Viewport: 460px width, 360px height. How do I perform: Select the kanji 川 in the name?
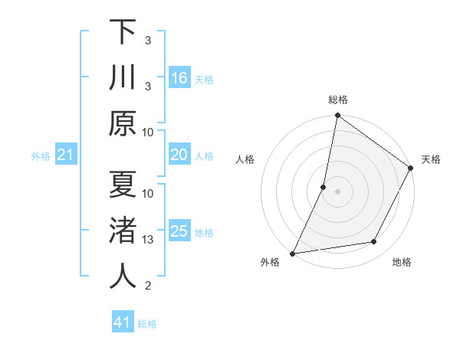[x=123, y=77]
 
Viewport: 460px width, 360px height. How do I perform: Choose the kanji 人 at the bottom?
[x=123, y=277]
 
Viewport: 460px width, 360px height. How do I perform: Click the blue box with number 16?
[x=179, y=78]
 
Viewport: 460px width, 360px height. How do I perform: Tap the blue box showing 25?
[x=179, y=231]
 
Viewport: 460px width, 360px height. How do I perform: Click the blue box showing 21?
[x=66, y=155]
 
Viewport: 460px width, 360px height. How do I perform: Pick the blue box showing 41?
[x=123, y=322]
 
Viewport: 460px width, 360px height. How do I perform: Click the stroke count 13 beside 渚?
[x=148, y=240]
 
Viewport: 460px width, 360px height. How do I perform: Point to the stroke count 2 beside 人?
[x=148, y=286]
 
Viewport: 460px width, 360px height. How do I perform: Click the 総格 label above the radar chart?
[x=337, y=100]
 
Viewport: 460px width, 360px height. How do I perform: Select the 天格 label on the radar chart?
[x=431, y=159]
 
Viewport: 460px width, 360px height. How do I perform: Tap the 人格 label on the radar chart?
[x=245, y=159]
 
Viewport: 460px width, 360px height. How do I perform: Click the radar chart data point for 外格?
[x=292, y=253]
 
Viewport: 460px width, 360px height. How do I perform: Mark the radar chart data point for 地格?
[x=374, y=242]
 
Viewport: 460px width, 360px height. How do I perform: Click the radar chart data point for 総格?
[x=337, y=116]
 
